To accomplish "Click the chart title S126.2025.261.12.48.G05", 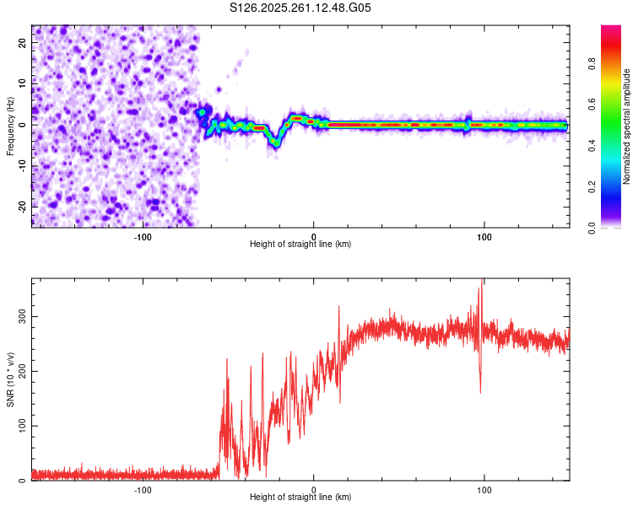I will point(300,8).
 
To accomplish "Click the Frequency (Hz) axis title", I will point(10,126).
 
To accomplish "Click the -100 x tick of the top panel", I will point(143,237).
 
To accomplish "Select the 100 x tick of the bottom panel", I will point(484,490).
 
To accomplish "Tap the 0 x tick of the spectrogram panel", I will point(314,237).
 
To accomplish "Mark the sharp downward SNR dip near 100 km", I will point(480,391).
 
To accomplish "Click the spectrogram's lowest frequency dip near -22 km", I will point(275,144).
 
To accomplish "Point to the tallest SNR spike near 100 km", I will point(482,281).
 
